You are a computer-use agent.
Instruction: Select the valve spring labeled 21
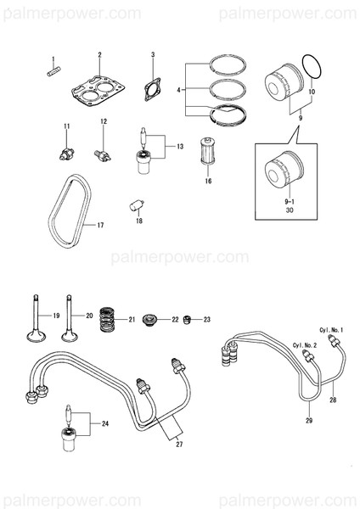pyautogui.click(x=107, y=320)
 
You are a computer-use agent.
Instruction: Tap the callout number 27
pyautogui.click(x=178, y=443)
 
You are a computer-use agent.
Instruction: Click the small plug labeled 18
pyautogui.click(x=134, y=204)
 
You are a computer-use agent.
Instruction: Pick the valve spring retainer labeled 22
pyautogui.click(x=155, y=319)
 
